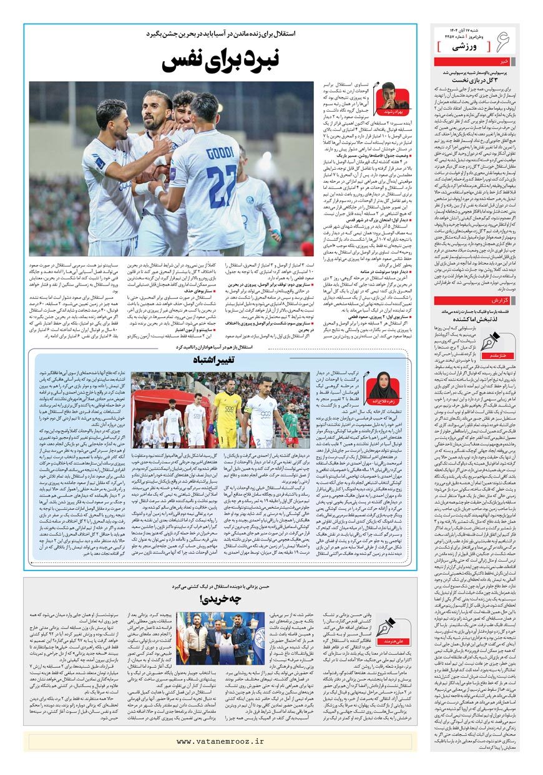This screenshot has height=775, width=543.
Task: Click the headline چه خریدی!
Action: pos(222,602)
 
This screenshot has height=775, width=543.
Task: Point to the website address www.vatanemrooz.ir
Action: pos(220,741)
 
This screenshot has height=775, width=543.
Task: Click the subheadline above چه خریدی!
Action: pos(222,587)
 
